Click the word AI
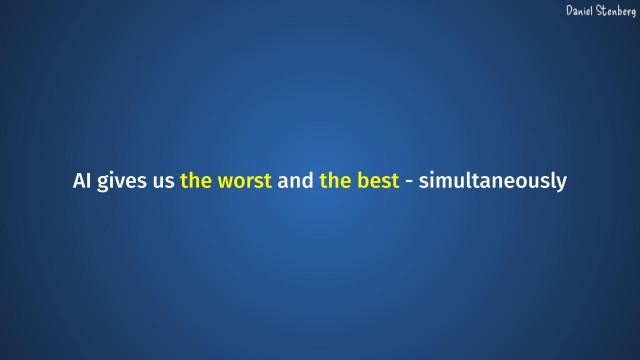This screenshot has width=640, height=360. tap(82, 182)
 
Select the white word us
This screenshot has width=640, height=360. tap(163, 183)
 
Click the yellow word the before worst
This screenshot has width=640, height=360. tap(196, 182)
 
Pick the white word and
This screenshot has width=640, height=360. tap(296, 182)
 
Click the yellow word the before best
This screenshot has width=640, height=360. tap(335, 182)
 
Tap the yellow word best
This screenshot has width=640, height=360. tap(378, 182)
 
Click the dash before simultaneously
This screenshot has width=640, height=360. tap(409, 183)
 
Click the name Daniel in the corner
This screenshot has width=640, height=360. tap(581, 10)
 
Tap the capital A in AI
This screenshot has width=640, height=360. tap(79, 182)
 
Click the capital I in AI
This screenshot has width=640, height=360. tap(88, 182)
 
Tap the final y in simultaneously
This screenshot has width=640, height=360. tap(561, 185)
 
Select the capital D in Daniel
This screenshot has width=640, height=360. tap(570, 10)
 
